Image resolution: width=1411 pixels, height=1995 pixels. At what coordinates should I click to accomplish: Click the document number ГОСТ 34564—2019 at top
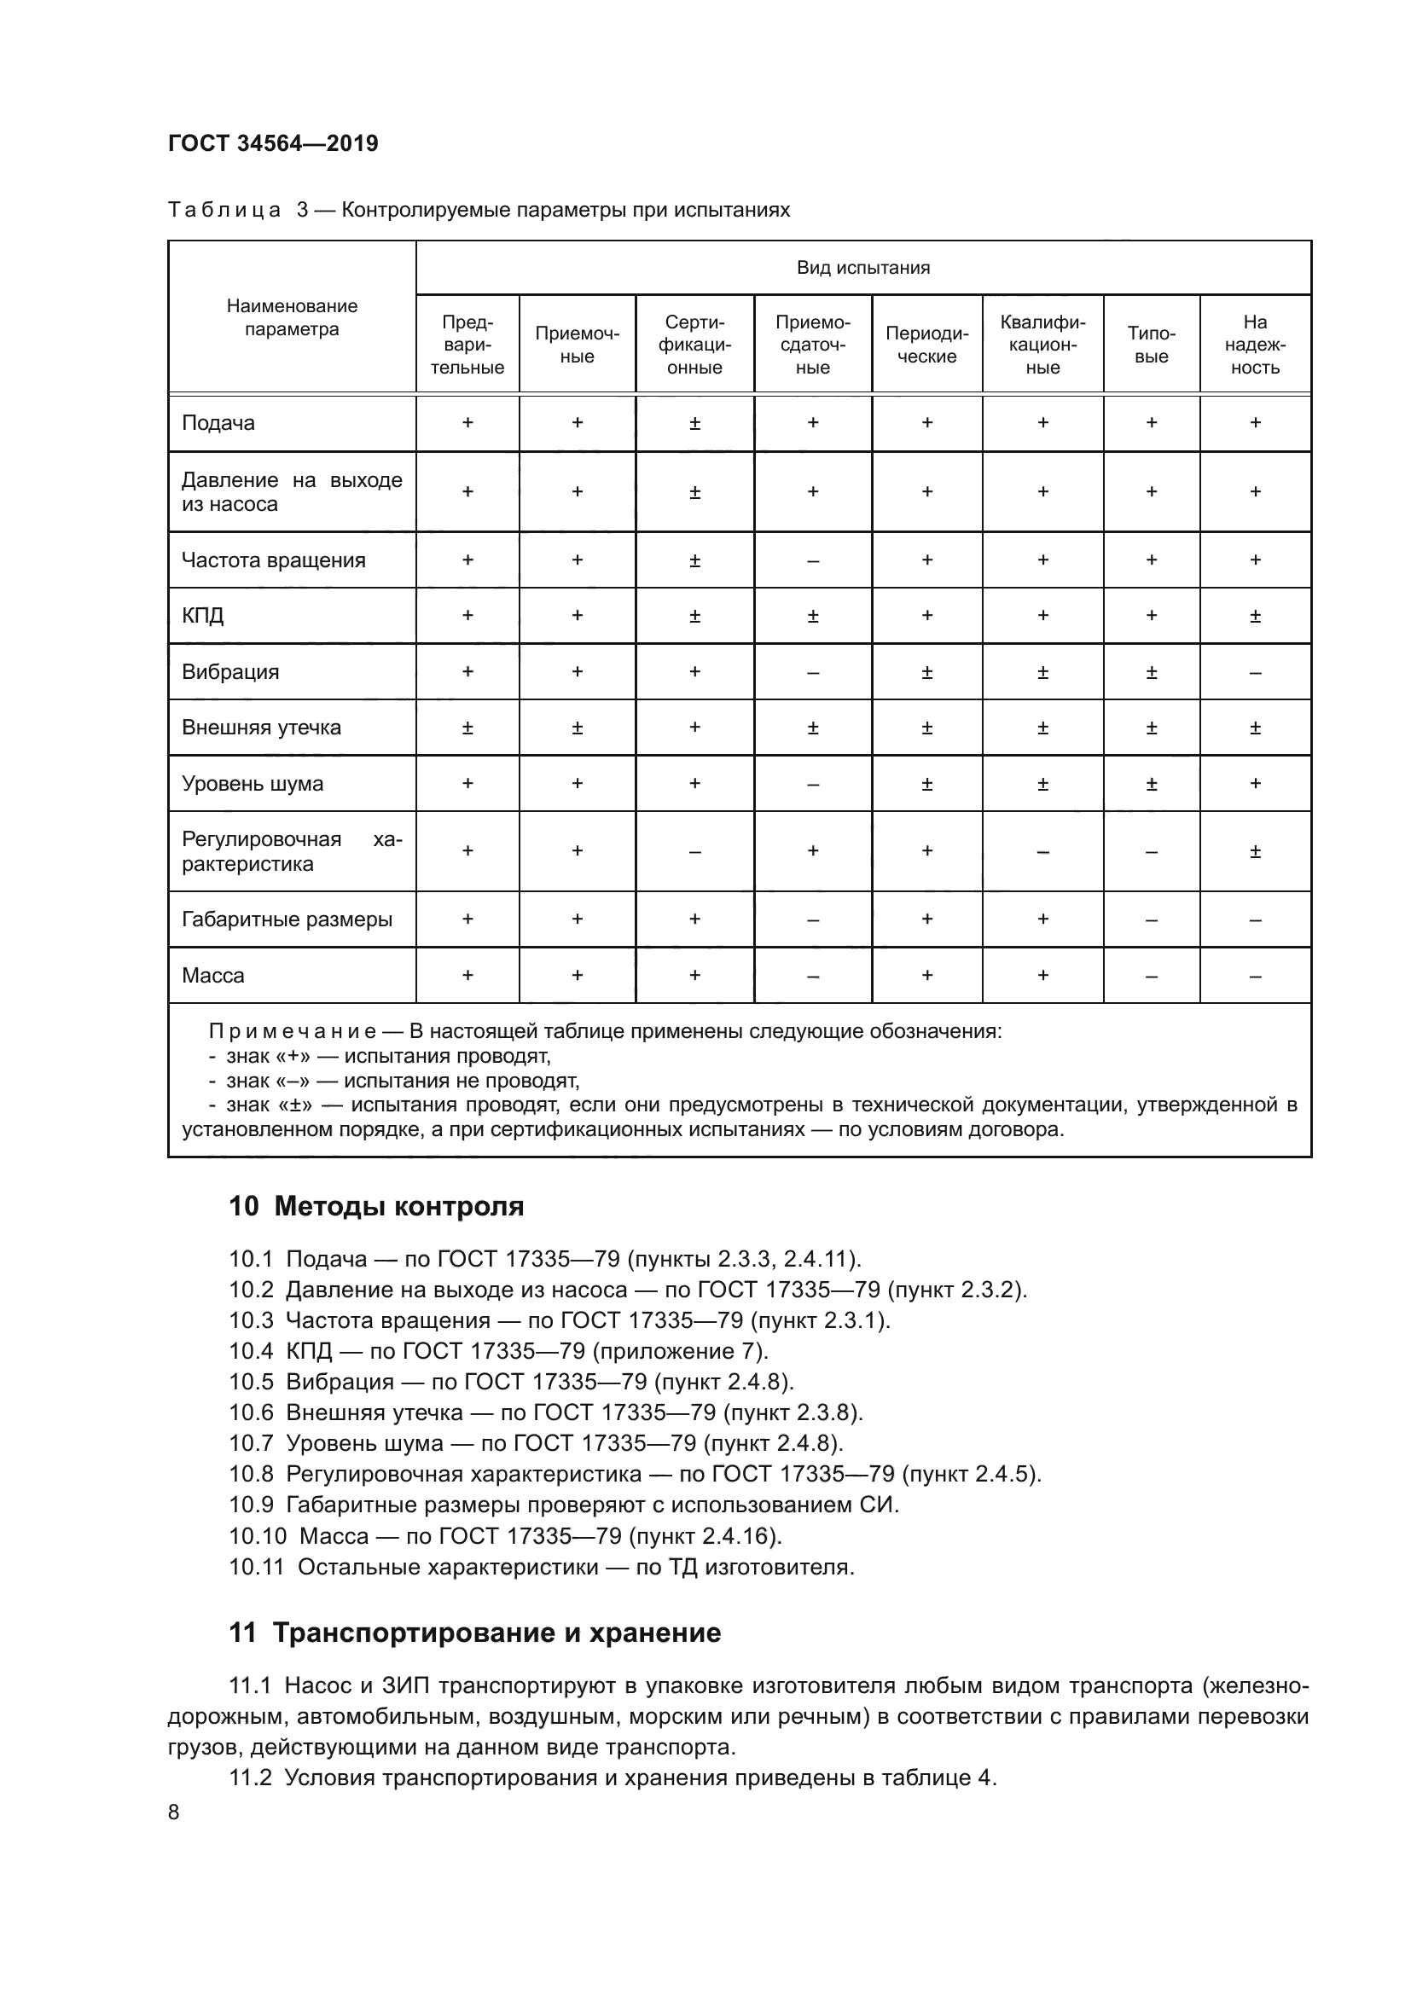(273, 143)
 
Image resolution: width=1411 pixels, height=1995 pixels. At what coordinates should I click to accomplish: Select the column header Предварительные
(467, 345)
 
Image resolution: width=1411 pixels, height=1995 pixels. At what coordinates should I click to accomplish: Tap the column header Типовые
(1151, 345)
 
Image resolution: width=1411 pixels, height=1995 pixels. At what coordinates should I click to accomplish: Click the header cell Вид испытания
(862, 268)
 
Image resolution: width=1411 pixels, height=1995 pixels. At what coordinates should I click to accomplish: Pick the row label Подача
(218, 423)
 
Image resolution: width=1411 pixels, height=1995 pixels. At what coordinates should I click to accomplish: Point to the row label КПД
(202, 615)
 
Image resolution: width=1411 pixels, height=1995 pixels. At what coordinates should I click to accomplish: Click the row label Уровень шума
(252, 783)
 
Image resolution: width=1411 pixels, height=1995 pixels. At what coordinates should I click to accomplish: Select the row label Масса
(213, 975)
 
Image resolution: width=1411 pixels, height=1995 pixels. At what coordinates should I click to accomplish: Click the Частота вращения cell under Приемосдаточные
(812, 560)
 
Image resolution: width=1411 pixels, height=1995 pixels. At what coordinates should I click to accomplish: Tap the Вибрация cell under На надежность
(1255, 671)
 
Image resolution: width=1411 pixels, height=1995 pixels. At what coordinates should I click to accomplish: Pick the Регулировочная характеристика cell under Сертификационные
(694, 851)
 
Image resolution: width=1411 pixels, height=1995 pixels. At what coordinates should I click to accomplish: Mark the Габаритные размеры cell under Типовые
(1151, 919)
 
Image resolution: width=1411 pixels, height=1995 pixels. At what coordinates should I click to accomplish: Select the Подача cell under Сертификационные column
(694, 423)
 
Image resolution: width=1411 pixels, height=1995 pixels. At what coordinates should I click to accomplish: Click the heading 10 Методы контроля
(375, 1207)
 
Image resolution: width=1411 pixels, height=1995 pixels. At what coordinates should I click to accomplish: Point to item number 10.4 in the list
(251, 1350)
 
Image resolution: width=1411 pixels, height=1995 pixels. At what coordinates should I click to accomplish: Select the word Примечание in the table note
(292, 1031)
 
